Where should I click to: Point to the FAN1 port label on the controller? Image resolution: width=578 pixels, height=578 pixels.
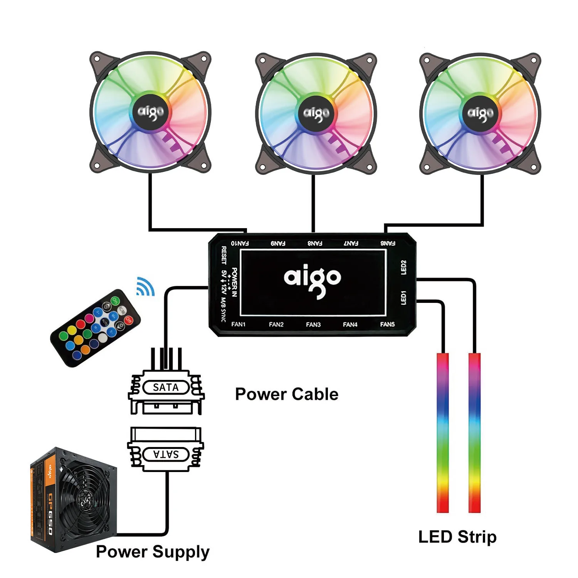pyautogui.click(x=238, y=324)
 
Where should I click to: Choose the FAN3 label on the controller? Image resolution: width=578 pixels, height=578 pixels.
pyautogui.click(x=313, y=324)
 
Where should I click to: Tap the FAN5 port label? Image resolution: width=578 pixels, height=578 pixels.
pyautogui.click(x=387, y=324)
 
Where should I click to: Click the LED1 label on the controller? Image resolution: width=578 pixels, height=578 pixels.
pyautogui.click(x=403, y=297)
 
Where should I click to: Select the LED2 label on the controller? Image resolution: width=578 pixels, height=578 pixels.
pyautogui.click(x=403, y=267)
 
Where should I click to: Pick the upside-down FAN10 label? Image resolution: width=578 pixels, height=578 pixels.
pyautogui.click(x=240, y=243)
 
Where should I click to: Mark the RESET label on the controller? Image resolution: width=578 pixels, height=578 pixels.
pyautogui.click(x=224, y=255)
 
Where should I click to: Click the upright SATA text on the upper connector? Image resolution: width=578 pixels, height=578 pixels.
pyautogui.click(x=166, y=387)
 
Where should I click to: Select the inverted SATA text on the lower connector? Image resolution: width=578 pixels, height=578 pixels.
pyautogui.click(x=166, y=454)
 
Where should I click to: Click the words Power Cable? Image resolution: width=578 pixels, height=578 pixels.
pyautogui.click(x=287, y=394)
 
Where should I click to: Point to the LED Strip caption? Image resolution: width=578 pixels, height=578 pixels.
pyautogui.click(x=457, y=537)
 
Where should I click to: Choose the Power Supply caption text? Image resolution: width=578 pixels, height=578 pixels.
pyautogui.click(x=153, y=552)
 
